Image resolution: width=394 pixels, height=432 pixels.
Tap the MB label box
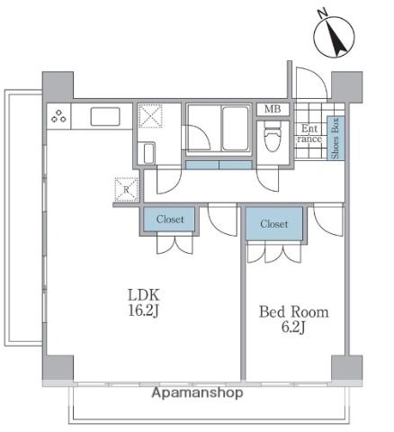click(271, 110)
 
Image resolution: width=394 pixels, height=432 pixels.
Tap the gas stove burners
click(60, 115)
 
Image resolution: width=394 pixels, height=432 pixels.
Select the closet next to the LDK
click(169, 219)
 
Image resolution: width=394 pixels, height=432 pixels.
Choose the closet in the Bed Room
click(273, 223)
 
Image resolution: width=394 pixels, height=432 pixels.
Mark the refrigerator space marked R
click(127, 189)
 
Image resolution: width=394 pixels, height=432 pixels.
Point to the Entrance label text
click(309, 133)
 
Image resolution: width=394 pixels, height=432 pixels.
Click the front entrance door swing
click(308, 83)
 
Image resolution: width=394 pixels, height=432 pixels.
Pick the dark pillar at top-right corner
click(344, 85)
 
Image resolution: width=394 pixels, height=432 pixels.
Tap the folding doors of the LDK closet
click(169, 246)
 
